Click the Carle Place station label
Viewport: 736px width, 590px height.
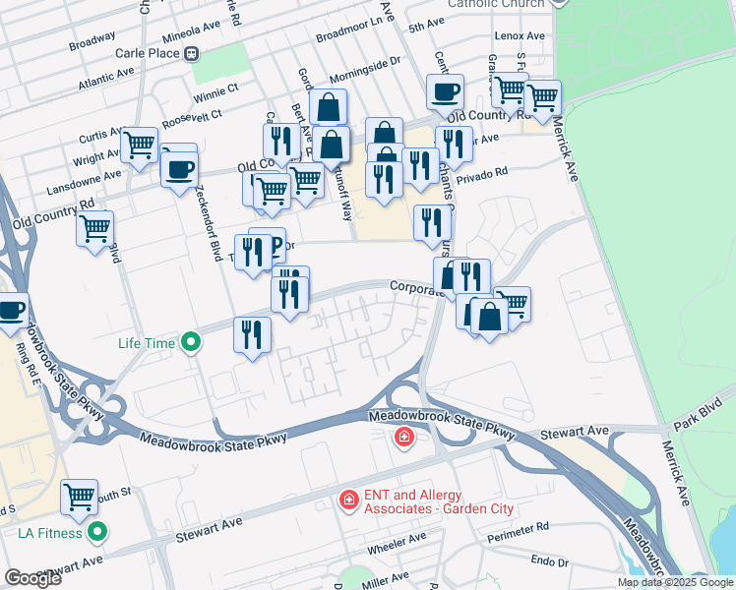coord(149,53)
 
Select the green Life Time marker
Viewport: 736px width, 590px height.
coord(192,343)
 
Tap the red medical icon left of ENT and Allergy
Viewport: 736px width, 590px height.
coord(347,501)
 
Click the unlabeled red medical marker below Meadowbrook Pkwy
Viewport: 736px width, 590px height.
coord(403,437)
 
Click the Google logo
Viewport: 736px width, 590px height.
coord(32,578)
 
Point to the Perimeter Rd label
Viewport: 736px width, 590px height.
coord(516,531)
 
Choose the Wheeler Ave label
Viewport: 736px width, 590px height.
coord(397,539)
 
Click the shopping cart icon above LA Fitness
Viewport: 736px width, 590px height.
coord(79,498)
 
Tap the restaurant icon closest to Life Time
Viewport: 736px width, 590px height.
coord(252,334)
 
